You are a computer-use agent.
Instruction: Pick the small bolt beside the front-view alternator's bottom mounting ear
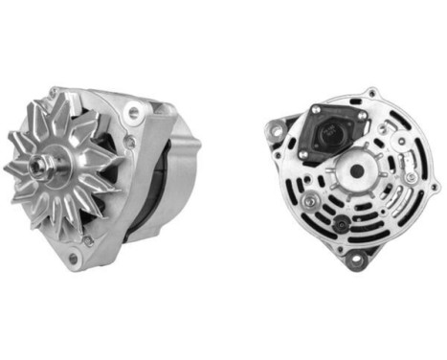(87, 241)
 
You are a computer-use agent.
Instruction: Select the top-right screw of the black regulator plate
(362, 117)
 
